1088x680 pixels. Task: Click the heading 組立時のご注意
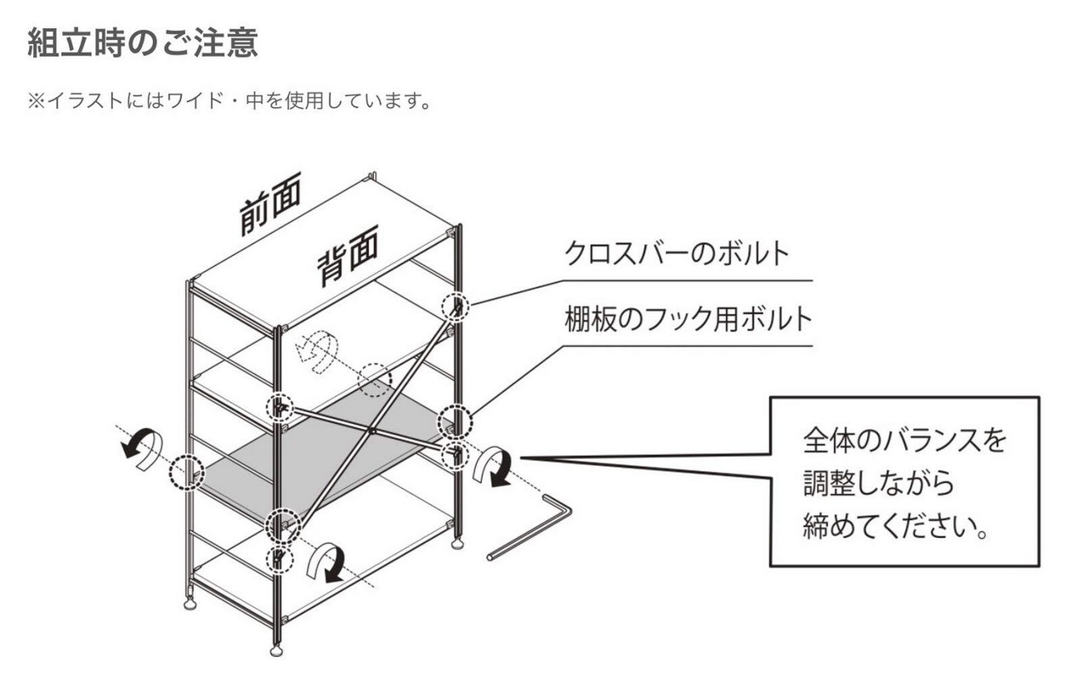(142, 42)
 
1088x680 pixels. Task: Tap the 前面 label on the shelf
(270, 207)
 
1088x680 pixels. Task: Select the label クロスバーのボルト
(677, 253)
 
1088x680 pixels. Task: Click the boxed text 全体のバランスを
(904, 440)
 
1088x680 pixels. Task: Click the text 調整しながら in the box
(879, 484)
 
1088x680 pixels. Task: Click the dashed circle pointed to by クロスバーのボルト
(456, 307)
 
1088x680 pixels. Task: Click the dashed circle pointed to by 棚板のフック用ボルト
(456, 421)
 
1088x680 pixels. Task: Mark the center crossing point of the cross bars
(371, 432)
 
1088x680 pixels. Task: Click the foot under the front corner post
(276, 651)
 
